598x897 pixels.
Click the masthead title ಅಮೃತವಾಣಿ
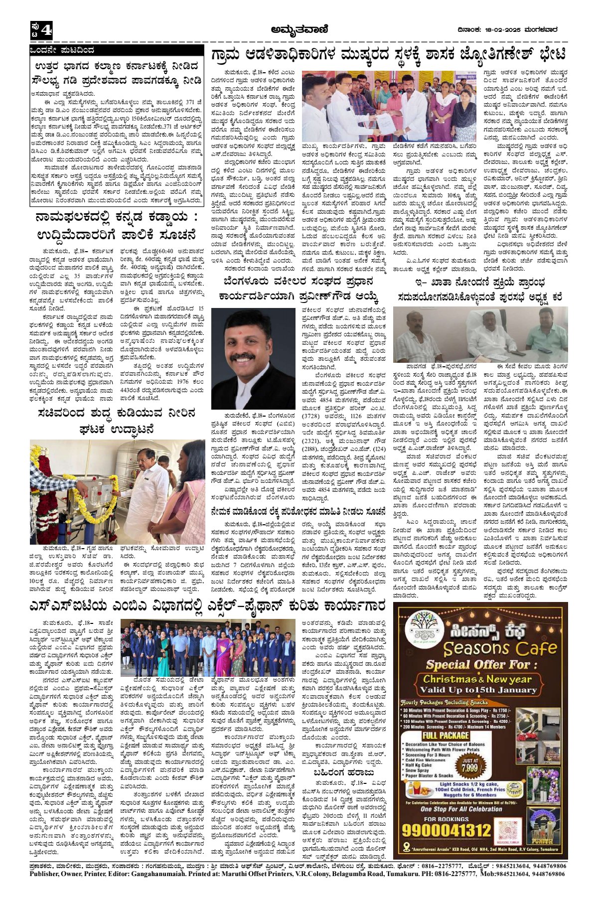(299, 30)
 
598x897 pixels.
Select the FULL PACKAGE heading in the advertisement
(445, 736)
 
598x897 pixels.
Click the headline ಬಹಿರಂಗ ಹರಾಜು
(343, 773)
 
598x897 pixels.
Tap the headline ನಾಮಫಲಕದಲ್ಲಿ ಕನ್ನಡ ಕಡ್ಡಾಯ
(116, 225)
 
